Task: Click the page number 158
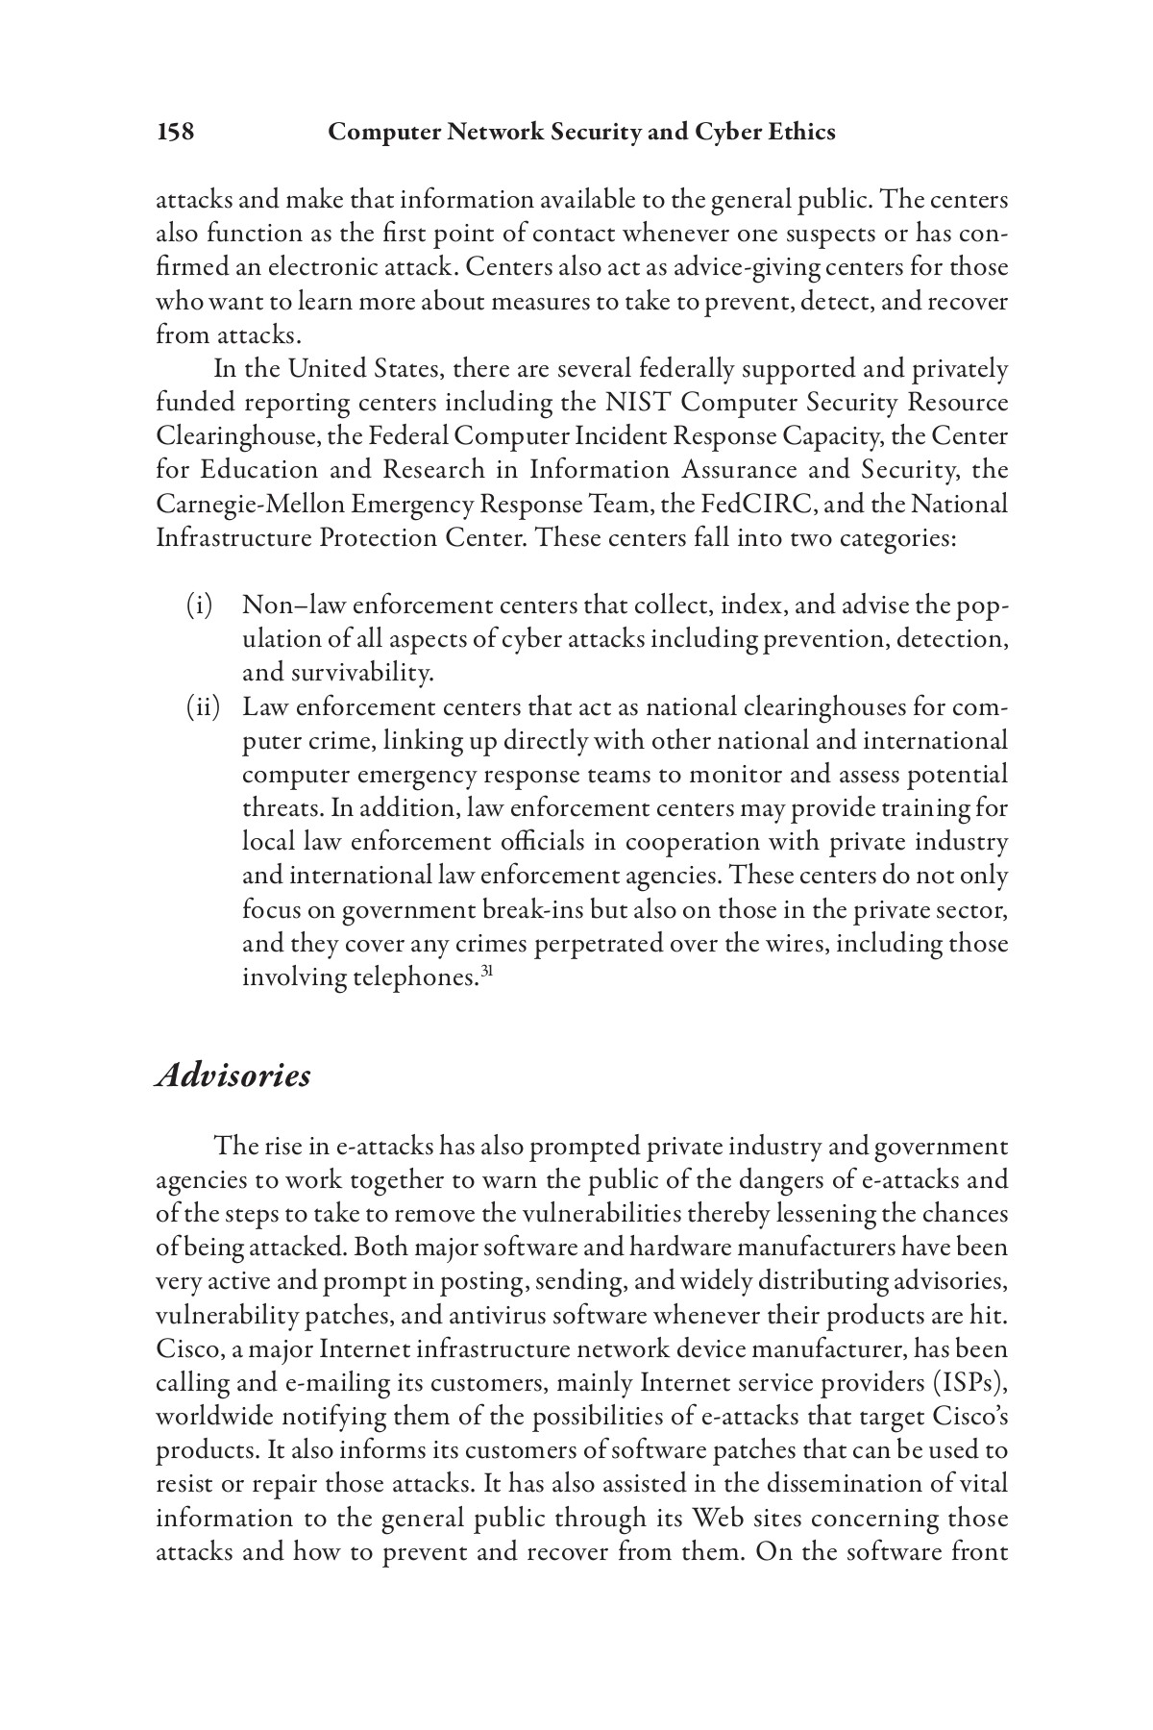click(175, 133)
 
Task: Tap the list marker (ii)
click(202, 708)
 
